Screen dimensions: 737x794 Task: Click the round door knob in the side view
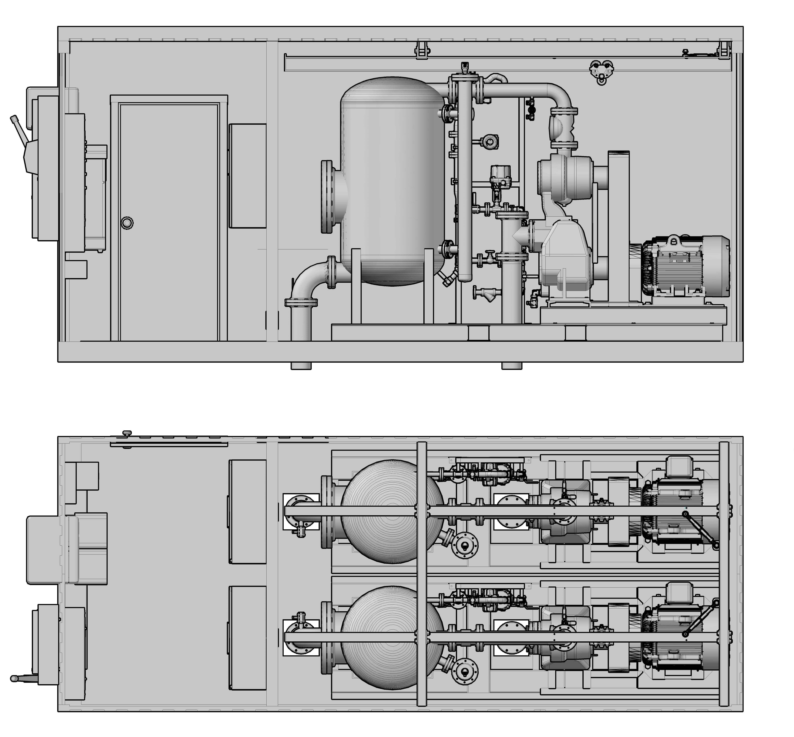pos(127,223)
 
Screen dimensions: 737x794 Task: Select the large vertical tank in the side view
pos(392,181)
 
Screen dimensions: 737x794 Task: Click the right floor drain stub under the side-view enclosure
pos(512,365)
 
